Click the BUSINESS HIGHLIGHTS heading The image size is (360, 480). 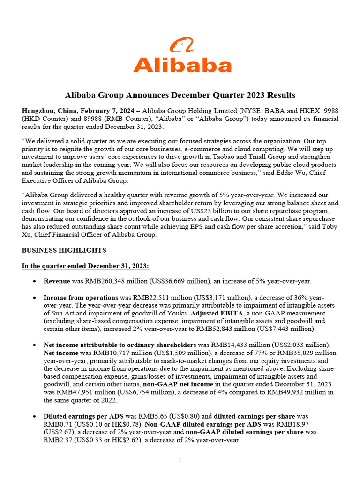point(64,250)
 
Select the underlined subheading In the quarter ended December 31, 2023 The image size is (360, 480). point(85,266)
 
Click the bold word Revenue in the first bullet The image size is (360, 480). point(57,281)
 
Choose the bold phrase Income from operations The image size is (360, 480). point(81,298)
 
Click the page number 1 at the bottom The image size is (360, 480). point(180,461)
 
